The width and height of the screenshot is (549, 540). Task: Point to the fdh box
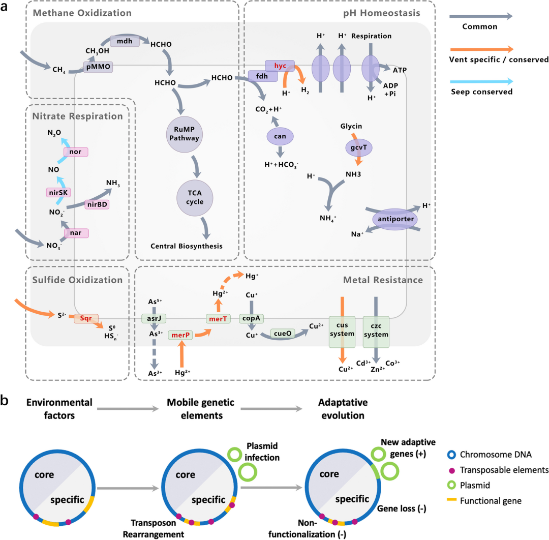point(263,76)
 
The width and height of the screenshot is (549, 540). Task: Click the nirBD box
point(97,204)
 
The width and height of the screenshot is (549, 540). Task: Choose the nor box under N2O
point(76,152)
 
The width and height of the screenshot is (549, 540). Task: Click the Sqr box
point(85,318)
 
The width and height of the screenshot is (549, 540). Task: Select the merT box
point(219,318)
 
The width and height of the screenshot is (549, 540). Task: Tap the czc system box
point(376,331)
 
